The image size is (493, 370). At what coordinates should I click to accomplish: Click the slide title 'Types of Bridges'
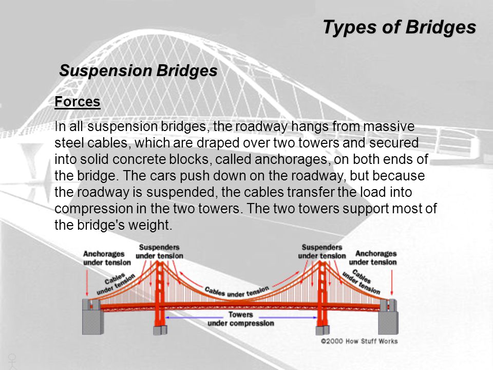(x=400, y=27)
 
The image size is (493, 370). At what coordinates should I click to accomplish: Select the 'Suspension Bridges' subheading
(x=138, y=70)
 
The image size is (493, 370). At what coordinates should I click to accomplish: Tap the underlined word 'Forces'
(x=78, y=102)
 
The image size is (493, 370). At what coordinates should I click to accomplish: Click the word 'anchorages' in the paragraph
(x=291, y=159)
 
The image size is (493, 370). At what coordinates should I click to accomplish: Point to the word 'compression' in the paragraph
(x=93, y=209)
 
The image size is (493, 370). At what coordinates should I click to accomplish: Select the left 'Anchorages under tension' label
(x=107, y=258)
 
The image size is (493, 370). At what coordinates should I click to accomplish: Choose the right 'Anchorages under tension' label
(x=373, y=257)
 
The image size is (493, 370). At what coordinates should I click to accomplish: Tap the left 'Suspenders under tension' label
(x=159, y=251)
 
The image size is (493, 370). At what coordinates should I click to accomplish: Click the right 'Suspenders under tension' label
(x=322, y=251)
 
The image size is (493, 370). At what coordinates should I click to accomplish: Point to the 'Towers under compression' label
(x=241, y=319)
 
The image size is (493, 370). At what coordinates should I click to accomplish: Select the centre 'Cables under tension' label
(x=236, y=291)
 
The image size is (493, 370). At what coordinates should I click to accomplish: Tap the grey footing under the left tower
(x=160, y=330)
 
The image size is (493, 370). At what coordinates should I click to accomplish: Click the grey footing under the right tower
(x=323, y=330)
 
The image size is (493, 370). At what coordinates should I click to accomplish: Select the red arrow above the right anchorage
(x=392, y=282)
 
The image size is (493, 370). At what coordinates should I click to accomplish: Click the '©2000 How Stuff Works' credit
(x=359, y=341)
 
